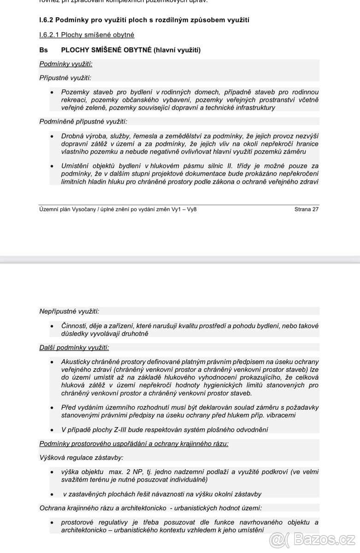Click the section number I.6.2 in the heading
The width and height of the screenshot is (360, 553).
[x=47, y=20]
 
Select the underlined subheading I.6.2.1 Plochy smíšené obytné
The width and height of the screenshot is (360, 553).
[x=87, y=35]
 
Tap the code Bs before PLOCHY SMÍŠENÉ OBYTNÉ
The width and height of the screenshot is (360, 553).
[x=43, y=50]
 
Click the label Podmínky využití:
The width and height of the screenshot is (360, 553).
[x=65, y=64]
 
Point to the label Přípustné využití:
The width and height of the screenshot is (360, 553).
[x=65, y=78]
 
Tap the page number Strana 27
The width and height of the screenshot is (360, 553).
[x=306, y=209]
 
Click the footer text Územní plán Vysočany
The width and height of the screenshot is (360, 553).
[x=67, y=209]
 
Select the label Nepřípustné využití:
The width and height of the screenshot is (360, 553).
[x=69, y=311]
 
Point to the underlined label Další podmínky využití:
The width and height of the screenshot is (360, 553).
[x=74, y=347]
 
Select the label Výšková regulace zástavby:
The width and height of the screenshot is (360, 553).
[x=81, y=458]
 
